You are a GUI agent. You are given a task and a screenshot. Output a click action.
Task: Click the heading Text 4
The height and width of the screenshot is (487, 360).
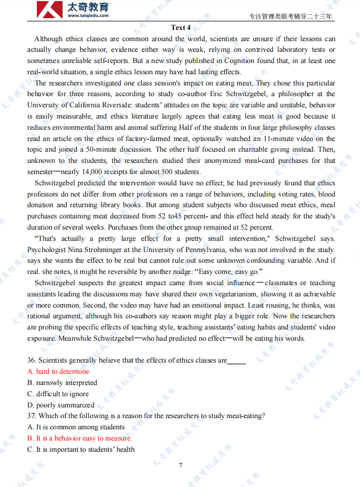click(x=181, y=27)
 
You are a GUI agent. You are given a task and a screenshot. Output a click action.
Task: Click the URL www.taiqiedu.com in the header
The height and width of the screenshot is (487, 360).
click(x=88, y=15)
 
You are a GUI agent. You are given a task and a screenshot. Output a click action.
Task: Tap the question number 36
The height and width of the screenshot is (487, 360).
click(x=32, y=360)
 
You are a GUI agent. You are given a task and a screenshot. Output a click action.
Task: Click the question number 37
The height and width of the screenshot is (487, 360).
click(x=32, y=416)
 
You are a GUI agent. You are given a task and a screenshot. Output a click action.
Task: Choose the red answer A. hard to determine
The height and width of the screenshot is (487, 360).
click(x=58, y=372)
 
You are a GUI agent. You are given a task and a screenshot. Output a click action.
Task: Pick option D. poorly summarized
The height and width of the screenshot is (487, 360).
click(x=61, y=405)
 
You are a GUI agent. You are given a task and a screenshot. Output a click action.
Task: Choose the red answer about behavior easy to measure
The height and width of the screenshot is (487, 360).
click(x=80, y=438)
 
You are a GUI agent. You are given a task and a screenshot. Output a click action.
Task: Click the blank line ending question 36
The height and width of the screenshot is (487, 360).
click(x=237, y=362)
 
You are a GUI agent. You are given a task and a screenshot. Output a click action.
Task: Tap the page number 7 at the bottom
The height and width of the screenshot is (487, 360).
click(x=181, y=465)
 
